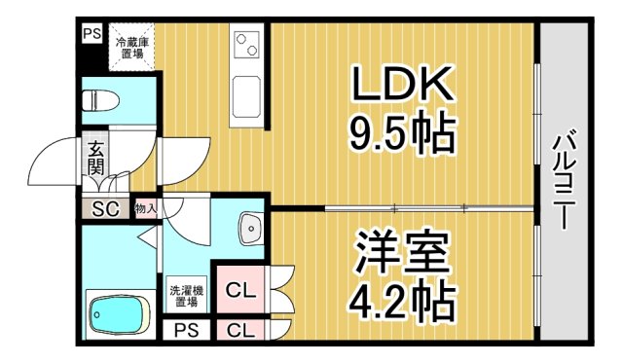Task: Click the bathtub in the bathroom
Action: [116, 313]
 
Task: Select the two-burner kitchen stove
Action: [245, 44]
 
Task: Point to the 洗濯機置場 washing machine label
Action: [186, 296]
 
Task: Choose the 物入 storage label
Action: [145, 208]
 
